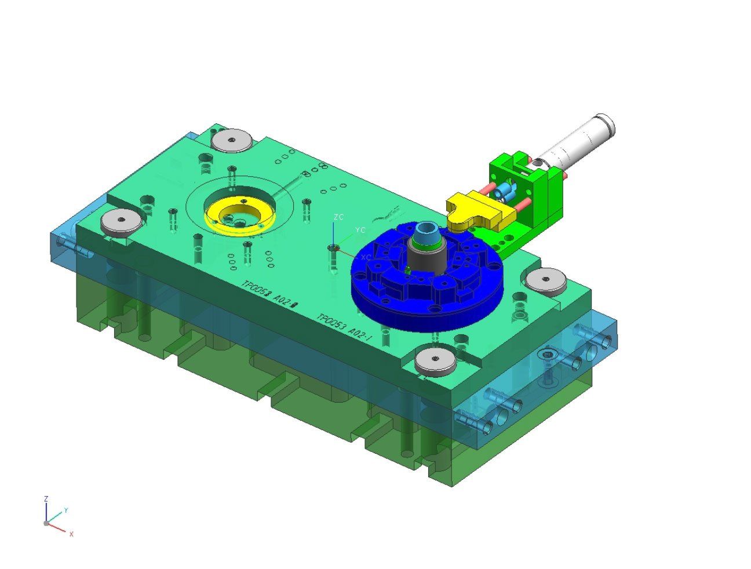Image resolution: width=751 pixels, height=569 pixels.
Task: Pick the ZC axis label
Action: (x=339, y=217)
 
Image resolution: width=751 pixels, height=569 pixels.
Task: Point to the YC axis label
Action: (x=360, y=230)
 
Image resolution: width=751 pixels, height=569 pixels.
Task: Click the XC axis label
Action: (x=366, y=257)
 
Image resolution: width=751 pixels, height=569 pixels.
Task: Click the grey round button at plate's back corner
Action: (x=231, y=141)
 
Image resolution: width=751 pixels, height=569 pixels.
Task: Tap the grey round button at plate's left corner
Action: (x=121, y=221)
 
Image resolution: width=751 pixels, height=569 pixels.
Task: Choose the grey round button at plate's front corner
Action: (x=436, y=361)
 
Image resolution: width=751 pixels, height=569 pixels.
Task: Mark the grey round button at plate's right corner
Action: (x=546, y=280)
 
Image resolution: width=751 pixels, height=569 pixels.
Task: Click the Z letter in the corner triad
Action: (x=46, y=498)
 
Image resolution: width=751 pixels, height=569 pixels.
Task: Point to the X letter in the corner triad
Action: (x=71, y=534)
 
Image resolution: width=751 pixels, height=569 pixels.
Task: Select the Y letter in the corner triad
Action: (x=65, y=510)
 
